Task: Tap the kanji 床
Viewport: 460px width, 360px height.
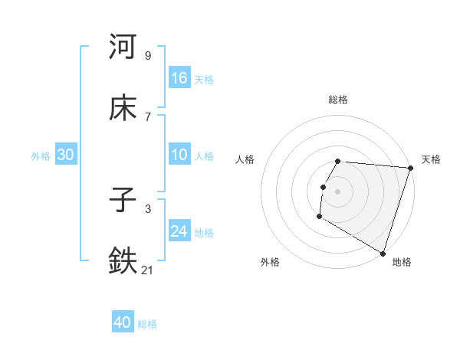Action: coord(123,108)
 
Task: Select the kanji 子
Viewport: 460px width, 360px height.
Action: coord(123,200)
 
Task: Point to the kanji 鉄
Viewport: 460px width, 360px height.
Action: coord(123,261)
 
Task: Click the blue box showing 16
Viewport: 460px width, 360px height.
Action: coord(179,77)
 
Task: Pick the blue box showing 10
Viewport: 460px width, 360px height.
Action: coord(179,155)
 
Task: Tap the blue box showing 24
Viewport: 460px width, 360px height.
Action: coord(179,231)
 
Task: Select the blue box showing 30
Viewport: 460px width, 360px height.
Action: coord(65,155)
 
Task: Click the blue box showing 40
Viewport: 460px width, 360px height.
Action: coord(123,322)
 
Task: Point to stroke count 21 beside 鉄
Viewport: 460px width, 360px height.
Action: coord(148,270)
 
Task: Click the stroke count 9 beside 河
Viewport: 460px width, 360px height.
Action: coord(148,55)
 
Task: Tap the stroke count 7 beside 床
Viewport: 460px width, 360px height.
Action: coord(148,116)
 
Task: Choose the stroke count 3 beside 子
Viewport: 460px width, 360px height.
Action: coord(148,208)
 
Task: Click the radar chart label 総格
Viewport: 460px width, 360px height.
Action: coord(338,100)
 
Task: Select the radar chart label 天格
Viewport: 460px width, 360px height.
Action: coord(431,159)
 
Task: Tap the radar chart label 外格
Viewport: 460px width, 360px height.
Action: coord(269,262)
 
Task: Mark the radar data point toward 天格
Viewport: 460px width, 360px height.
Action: coord(410,168)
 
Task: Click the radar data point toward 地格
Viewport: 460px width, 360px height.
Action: coord(383,252)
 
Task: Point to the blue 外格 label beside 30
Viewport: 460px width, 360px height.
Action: coord(41,156)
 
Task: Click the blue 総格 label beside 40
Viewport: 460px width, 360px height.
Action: coord(147,324)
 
